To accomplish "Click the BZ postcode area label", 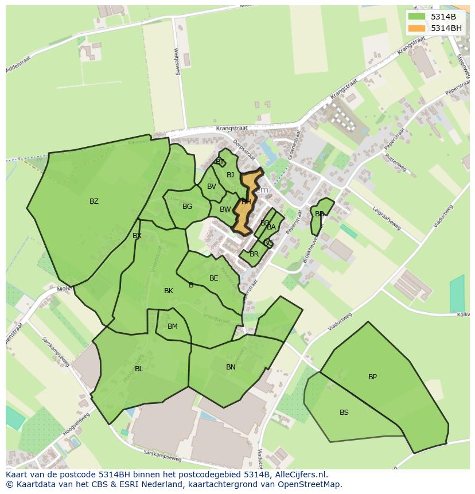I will (94, 201).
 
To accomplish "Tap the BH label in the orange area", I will (246, 202).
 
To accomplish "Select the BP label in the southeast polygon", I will (372, 377).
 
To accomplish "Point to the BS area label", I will (344, 413).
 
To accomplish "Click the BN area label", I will (231, 367).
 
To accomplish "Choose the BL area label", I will (139, 369).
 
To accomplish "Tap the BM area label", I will (173, 326).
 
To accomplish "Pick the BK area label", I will (169, 291).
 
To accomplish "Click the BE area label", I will (213, 278).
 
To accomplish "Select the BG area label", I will (187, 207).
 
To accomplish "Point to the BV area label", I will (212, 186).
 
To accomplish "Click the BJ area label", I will (230, 175).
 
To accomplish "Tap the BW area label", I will (225, 209).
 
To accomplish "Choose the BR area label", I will (254, 254).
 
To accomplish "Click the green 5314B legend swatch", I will (416, 17).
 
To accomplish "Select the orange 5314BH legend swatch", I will (416, 28).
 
